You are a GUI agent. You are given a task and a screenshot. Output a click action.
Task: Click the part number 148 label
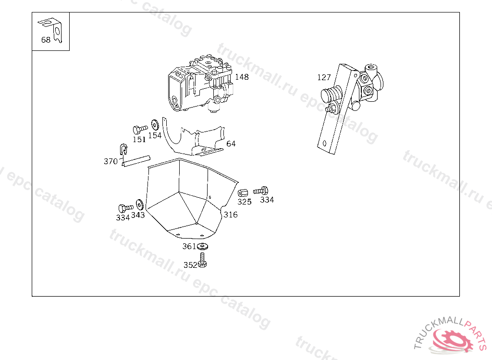pos(242,77)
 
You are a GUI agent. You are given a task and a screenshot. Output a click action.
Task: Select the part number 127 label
pos(324,77)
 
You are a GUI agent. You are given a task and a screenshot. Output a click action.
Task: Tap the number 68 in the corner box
pos(46,40)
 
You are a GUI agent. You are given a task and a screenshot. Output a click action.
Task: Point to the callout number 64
pos(231,144)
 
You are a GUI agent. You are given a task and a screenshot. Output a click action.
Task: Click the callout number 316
pos(231,215)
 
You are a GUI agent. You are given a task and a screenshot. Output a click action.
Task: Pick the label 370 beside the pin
pos(111,161)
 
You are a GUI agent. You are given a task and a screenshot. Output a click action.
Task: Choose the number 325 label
pos(245,202)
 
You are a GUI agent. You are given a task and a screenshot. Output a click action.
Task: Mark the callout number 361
pos(189,247)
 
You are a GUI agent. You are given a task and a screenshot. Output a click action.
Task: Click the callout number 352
pos(190,265)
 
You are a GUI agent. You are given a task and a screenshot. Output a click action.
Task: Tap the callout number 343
pos(138,215)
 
